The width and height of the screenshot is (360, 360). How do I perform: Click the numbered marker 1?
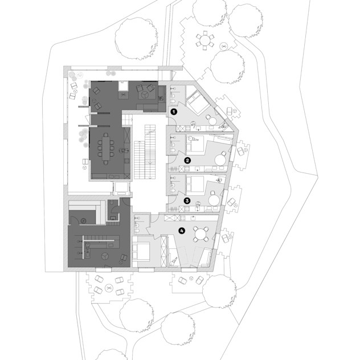click(x=174, y=112)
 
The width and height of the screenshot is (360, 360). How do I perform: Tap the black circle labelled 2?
click(x=187, y=160)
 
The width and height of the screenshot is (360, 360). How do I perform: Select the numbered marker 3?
click(x=187, y=201)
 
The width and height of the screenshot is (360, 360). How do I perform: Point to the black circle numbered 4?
click(x=182, y=231)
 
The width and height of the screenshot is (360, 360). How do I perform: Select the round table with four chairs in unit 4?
click(x=201, y=234)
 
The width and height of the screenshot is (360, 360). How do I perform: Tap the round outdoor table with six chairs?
click(x=204, y=40)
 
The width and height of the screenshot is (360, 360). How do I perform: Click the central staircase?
click(x=145, y=152)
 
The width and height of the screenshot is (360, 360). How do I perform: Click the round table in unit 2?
click(x=220, y=160)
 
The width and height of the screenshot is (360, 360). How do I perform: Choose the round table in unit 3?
click(x=214, y=201)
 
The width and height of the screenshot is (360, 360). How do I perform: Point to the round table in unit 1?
click(x=213, y=121)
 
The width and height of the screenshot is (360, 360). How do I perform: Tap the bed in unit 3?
click(x=195, y=184)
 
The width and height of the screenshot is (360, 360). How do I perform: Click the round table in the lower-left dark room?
click(x=105, y=256)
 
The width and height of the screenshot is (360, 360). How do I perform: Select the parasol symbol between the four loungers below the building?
click(x=109, y=288)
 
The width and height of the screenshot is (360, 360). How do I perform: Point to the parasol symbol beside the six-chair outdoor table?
click(x=224, y=46)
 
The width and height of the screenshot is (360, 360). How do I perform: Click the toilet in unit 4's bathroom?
click(x=137, y=229)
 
